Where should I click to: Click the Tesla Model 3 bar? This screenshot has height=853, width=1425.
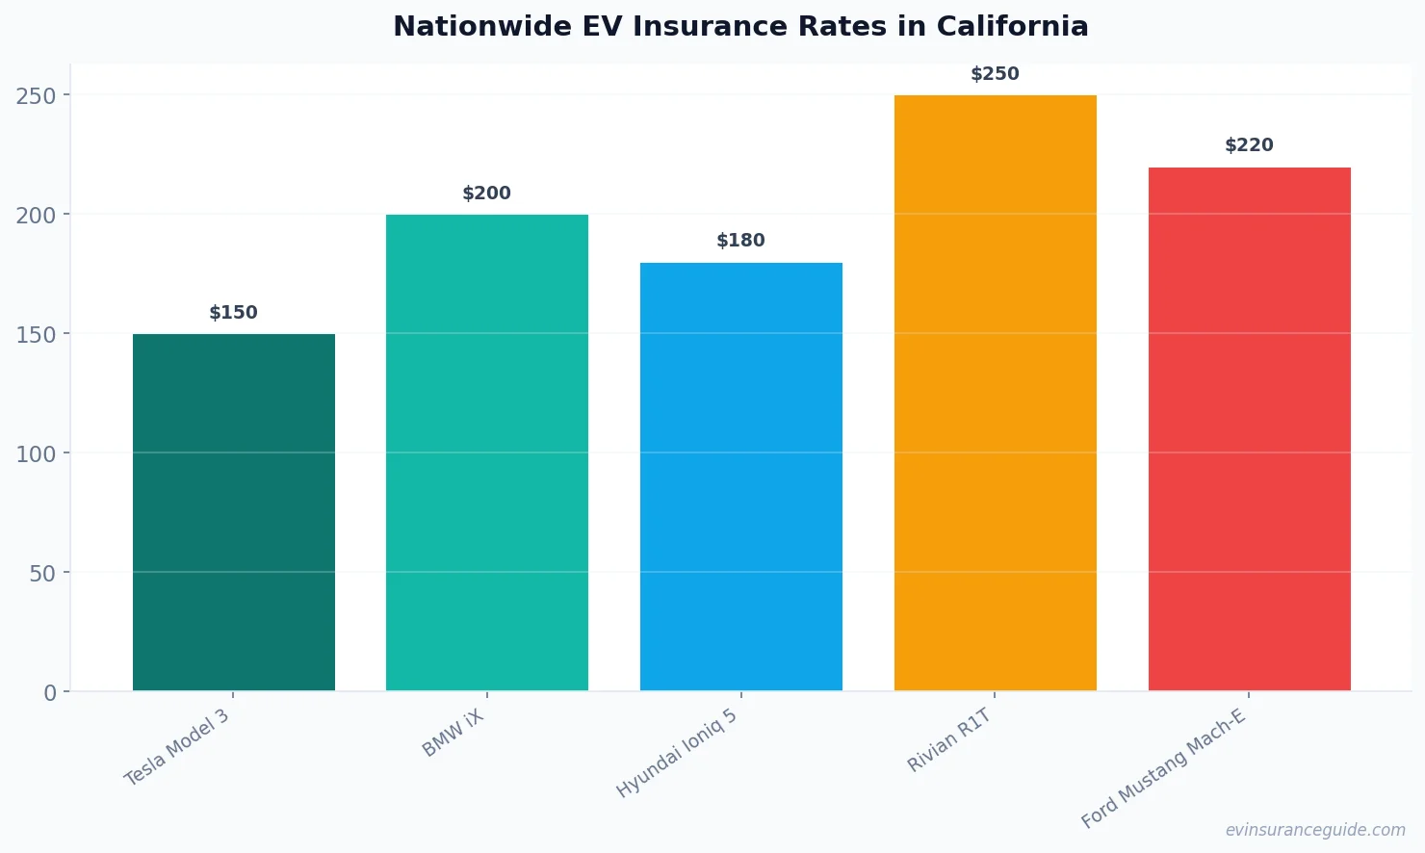point(234,512)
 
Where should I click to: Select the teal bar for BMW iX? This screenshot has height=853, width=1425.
point(487,452)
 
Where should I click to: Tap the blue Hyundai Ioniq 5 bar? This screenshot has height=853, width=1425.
point(741,477)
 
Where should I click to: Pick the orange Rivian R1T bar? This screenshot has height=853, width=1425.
point(995,393)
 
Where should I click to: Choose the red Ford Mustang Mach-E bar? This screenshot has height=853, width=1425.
point(1249,428)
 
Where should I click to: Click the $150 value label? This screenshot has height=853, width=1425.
point(234,313)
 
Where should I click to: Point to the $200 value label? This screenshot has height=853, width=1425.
point(487,194)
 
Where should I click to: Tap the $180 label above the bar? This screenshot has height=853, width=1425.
point(741,241)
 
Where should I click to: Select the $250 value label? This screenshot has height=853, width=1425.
point(995,74)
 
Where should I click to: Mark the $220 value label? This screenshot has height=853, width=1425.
point(1249,145)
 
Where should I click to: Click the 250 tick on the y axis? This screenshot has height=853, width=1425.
point(36,96)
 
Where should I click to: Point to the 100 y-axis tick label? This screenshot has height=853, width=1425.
point(36,454)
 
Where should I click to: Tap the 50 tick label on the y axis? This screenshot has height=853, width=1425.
point(42,574)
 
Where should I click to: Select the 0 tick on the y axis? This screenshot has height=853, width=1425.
point(50,693)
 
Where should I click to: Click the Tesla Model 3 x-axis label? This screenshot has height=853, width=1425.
point(177,747)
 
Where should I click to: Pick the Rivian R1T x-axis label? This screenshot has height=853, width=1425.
point(949,740)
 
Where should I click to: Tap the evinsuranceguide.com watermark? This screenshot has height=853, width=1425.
point(1315,830)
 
